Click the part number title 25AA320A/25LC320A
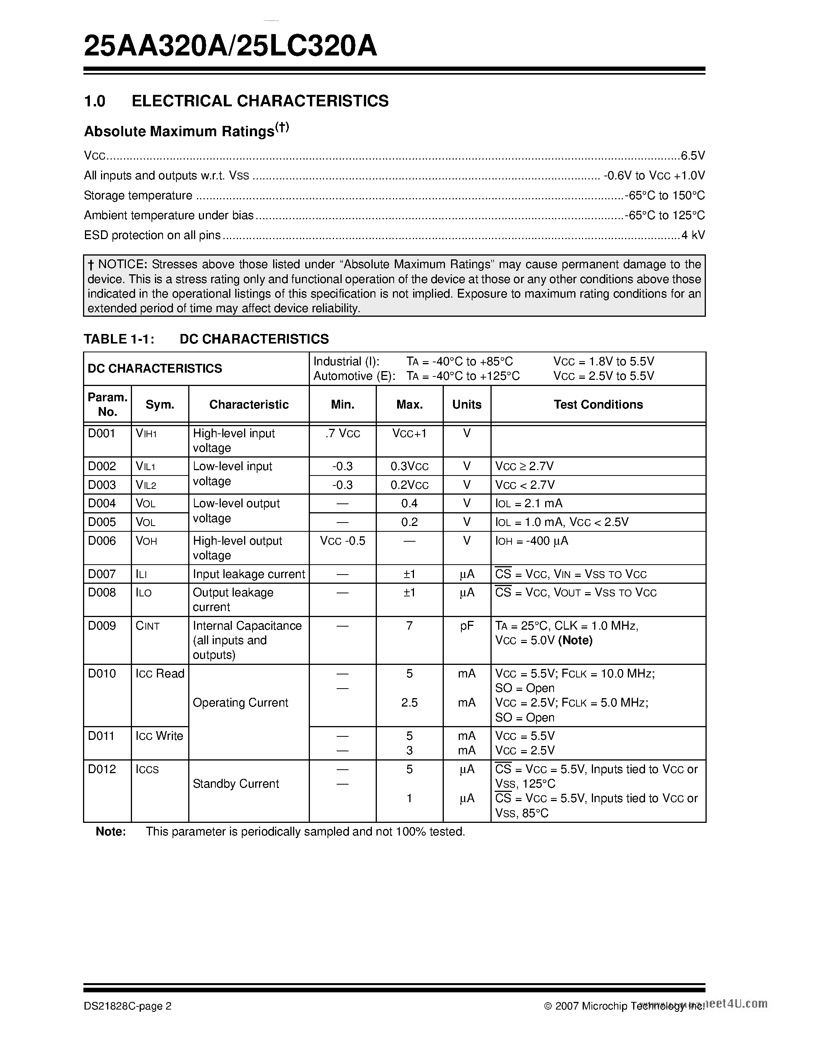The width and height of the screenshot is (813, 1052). click(x=230, y=47)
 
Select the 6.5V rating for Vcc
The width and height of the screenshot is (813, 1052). click(x=692, y=156)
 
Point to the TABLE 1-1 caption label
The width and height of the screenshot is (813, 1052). click(x=119, y=339)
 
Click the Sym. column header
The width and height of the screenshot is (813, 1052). click(x=160, y=405)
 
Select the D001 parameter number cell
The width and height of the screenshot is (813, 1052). click(x=102, y=433)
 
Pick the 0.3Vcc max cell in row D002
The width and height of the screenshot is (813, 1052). click(x=409, y=466)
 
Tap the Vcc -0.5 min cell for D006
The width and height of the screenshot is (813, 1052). click(x=342, y=541)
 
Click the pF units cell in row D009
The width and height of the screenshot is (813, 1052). click(x=467, y=626)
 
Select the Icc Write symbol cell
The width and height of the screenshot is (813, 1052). click(x=160, y=736)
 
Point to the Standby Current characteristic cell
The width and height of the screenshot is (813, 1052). click(x=236, y=784)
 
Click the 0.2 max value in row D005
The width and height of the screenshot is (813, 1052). click(x=409, y=522)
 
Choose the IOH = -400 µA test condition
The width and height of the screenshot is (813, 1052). click(x=532, y=541)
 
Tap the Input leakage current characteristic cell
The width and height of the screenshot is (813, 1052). click(x=249, y=574)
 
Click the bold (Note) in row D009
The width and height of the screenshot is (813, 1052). click(x=575, y=640)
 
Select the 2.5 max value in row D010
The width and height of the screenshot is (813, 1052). click(x=409, y=703)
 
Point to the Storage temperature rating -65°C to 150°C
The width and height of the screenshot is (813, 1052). click(x=665, y=195)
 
